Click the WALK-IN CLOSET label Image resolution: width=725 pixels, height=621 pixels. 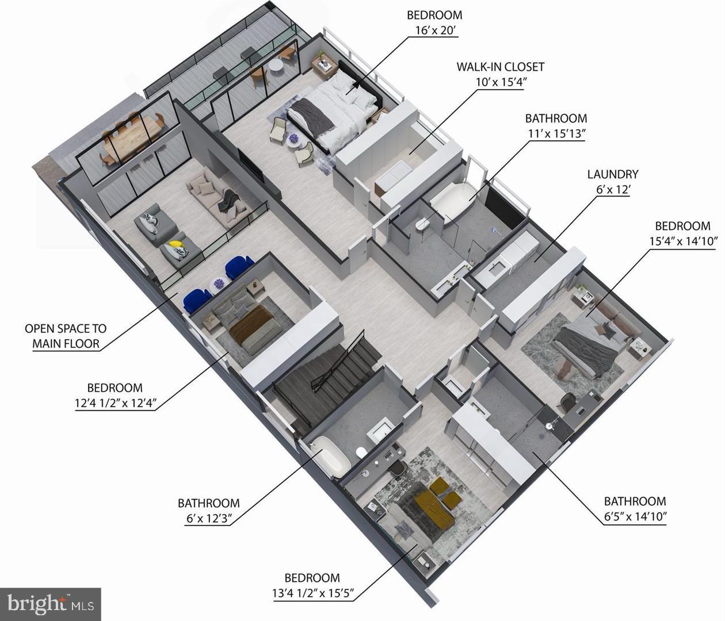tap(500, 66)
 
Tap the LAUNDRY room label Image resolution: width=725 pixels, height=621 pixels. tap(612, 174)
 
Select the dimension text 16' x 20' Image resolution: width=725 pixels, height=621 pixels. tap(434, 30)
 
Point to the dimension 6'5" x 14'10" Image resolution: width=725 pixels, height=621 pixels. tap(635, 516)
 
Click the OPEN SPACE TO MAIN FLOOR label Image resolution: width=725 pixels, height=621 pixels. tap(65, 336)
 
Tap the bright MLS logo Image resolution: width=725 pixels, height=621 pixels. tap(50, 604)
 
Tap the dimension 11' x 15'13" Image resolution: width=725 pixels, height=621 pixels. tap(556, 133)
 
